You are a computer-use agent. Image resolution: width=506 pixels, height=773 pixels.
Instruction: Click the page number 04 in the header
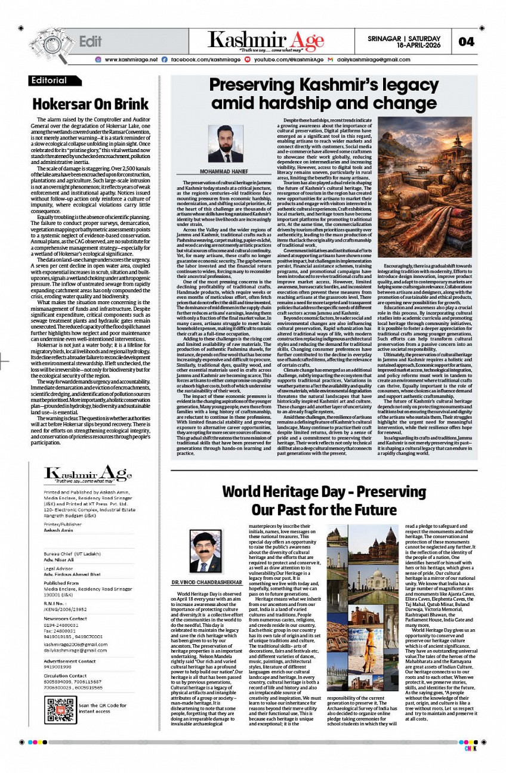click(466, 42)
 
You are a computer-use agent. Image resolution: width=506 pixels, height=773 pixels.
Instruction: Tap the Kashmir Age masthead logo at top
click(266, 41)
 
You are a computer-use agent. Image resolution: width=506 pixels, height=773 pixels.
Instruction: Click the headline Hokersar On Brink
click(90, 104)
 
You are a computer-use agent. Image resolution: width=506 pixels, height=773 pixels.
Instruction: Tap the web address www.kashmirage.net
click(131, 60)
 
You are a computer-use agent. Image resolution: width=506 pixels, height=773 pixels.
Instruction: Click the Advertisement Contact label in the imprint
click(69, 661)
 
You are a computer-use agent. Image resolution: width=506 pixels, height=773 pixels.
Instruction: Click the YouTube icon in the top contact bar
click(248, 60)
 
